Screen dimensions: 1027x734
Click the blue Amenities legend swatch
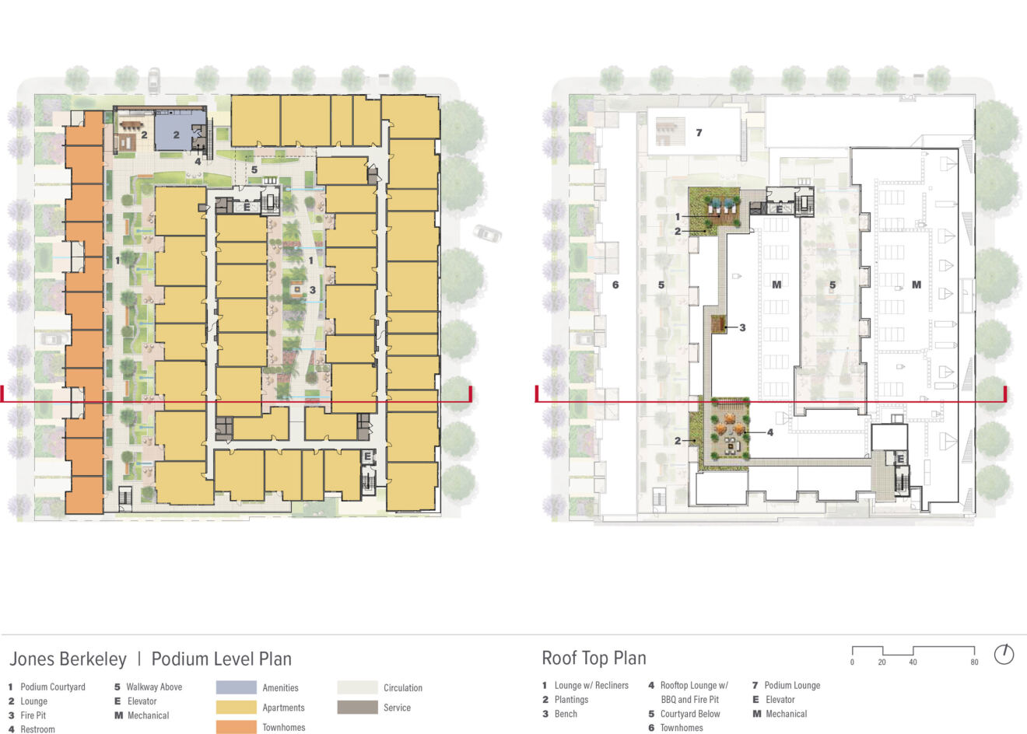[x=236, y=687]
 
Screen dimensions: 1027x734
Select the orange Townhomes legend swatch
[x=236, y=727]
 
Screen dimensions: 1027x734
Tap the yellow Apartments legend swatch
[x=236, y=708]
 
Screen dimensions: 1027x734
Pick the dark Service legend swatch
[x=358, y=708]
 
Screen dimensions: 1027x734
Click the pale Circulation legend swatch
[x=358, y=687]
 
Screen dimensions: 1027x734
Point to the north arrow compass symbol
[x=1004, y=654]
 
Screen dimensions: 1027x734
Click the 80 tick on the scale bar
[x=974, y=662]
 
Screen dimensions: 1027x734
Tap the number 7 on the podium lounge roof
[x=699, y=133]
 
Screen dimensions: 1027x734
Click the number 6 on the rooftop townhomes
[x=615, y=285]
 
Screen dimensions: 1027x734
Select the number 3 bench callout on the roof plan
[x=742, y=327]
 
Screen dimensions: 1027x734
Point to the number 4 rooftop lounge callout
[x=769, y=432]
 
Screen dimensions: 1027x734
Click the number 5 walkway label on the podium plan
[x=254, y=170]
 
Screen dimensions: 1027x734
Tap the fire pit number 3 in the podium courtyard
[x=312, y=290]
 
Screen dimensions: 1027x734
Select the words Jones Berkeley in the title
[x=68, y=659]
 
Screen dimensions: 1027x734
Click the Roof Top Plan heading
[x=594, y=659]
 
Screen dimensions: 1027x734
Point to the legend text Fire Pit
[x=33, y=715]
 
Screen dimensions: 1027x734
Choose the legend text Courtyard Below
[x=690, y=714]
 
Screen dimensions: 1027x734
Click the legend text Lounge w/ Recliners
[x=591, y=686]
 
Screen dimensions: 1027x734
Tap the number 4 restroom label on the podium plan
[x=198, y=161]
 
